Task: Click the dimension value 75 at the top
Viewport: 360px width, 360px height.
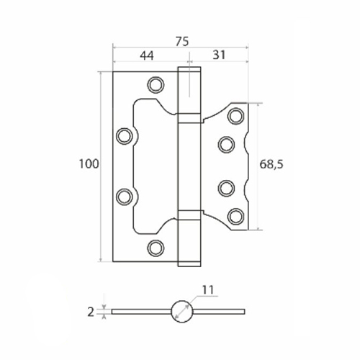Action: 182,42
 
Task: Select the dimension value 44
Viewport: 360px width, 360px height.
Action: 147,55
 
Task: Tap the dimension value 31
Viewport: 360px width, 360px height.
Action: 219,55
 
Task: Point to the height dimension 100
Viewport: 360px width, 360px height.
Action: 89,164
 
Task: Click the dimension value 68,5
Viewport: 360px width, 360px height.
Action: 271,164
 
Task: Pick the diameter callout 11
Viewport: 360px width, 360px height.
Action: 208,290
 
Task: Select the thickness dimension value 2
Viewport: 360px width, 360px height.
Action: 91,312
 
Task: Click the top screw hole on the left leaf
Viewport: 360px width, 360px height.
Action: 156,85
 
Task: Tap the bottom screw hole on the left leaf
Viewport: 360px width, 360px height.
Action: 156,248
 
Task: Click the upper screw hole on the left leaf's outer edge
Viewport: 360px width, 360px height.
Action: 125,136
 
